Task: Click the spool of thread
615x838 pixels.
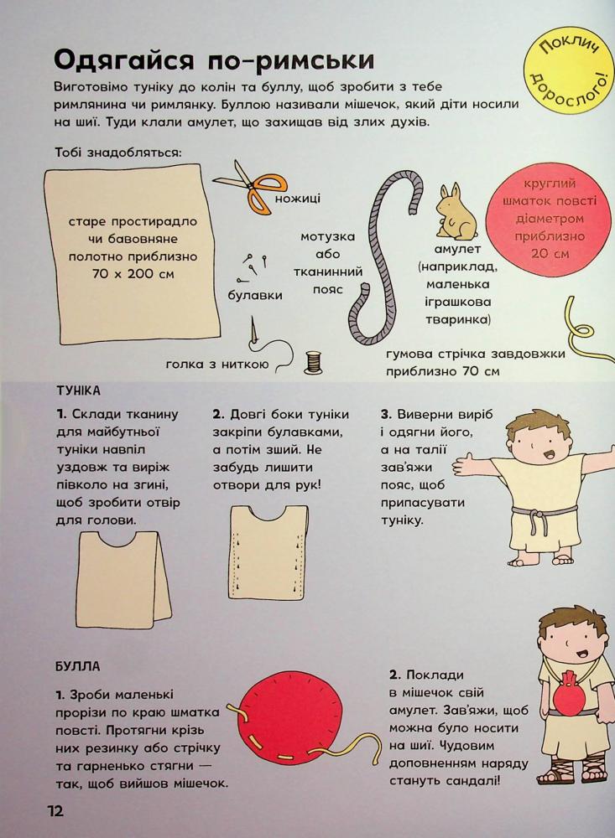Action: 313,362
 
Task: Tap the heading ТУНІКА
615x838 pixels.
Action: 78,391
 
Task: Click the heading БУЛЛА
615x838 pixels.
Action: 78,666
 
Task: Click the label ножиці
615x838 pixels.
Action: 298,199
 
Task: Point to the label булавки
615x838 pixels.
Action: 255,295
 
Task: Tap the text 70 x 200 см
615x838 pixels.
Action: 133,274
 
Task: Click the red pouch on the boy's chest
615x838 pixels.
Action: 568,697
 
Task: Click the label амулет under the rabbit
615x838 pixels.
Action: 457,249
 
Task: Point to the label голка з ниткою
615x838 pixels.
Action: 216,365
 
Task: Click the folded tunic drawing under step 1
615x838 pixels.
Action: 124,578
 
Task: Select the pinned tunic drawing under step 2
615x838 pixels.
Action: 268,552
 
